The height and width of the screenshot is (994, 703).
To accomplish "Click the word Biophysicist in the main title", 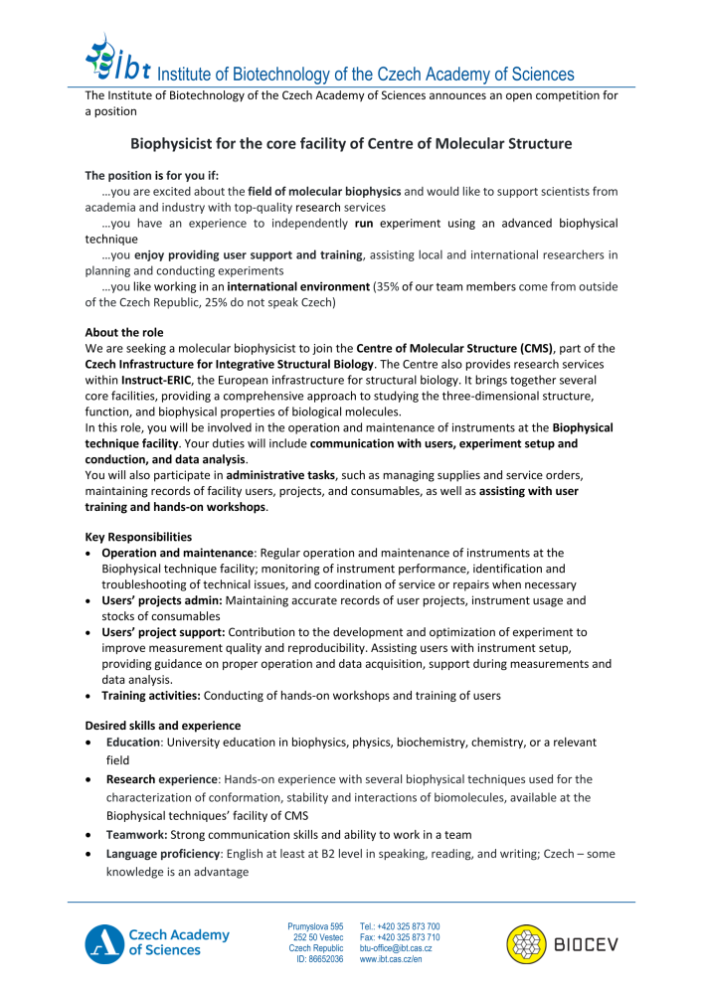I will pyautogui.click(x=175, y=143).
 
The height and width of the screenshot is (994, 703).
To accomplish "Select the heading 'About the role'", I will pyautogui.click(x=124, y=332).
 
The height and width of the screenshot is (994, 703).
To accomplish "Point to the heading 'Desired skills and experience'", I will pyautogui.click(x=162, y=726).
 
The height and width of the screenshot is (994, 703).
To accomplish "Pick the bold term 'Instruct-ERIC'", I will pyautogui.click(x=160, y=380).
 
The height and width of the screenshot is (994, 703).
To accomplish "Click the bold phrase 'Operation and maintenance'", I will pyautogui.click(x=176, y=553).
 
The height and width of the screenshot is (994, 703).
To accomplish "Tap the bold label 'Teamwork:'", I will pyautogui.click(x=135, y=834).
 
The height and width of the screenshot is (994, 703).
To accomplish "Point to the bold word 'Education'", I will pyautogui.click(x=133, y=742).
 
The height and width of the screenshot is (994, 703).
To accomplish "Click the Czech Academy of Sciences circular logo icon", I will pyautogui.click(x=103, y=942).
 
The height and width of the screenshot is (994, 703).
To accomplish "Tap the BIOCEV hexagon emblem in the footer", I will pyautogui.click(x=527, y=943).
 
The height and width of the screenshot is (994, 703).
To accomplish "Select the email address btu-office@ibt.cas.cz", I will pyautogui.click(x=396, y=948).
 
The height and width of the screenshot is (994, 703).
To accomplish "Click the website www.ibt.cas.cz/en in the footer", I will pyautogui.click(x=391, y=960).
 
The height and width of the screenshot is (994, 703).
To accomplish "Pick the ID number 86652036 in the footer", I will pyautogui.click(x=321, y=960).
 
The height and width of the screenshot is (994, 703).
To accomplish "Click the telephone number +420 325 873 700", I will pyautogui.click(x=400, y=925).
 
